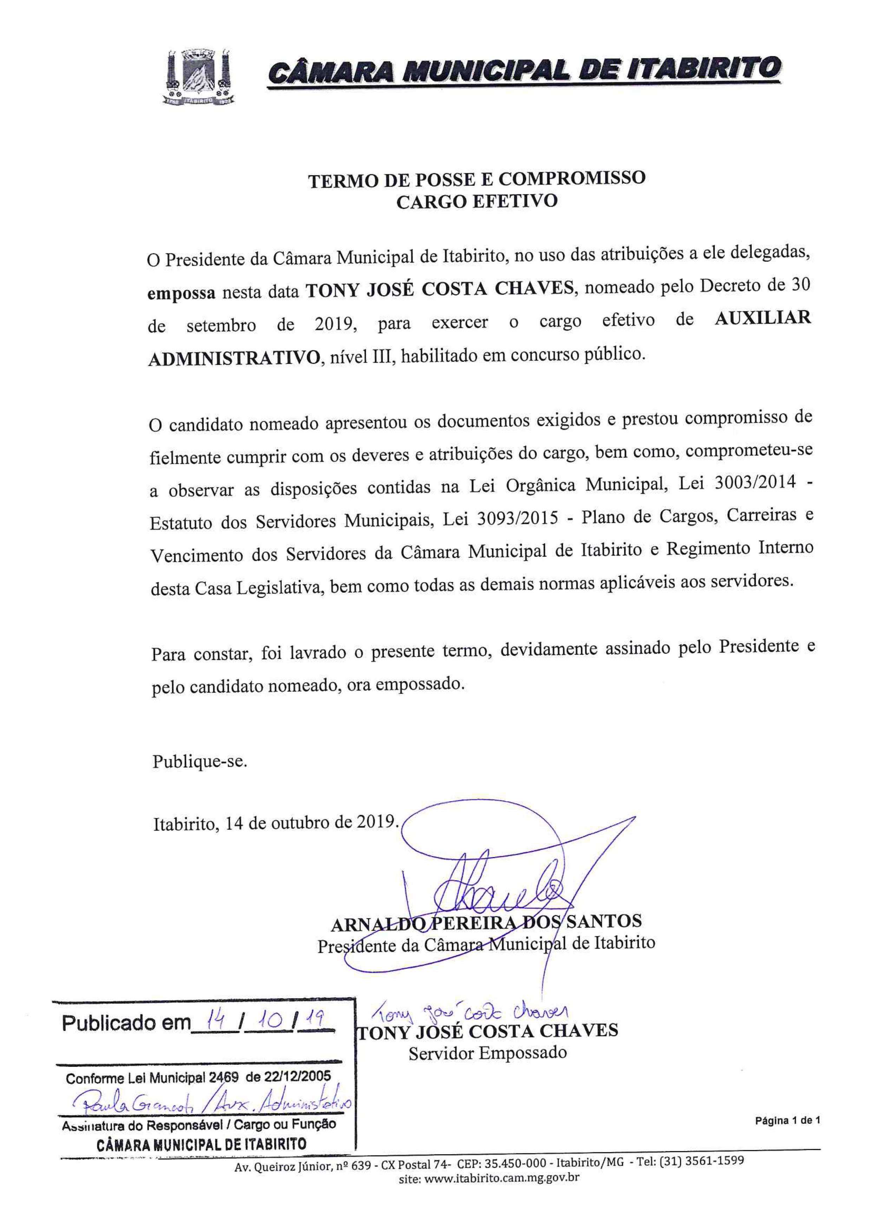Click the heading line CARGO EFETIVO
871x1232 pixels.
point(477,202)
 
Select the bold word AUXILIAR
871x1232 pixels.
point(762,318)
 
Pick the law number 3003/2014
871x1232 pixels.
point(755,483)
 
